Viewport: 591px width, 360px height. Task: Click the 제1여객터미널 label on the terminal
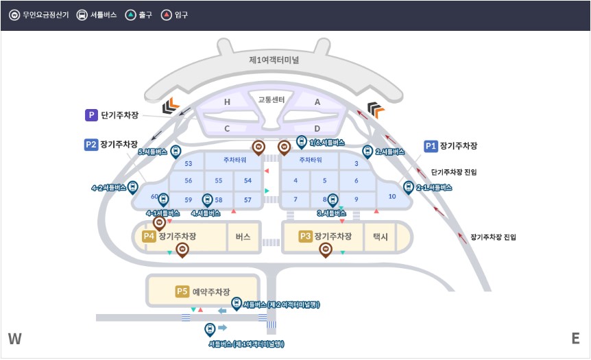(278, 60)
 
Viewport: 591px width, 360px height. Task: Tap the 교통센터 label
(272, 100)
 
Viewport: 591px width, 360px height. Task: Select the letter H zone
(227, 102)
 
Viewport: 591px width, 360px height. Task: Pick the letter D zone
(317, 128)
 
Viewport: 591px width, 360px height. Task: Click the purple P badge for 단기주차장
(91, 116)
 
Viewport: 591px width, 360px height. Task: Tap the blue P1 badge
(431, 146)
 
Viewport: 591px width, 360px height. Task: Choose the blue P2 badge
(91, 145)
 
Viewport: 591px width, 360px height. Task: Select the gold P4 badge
(149, 237)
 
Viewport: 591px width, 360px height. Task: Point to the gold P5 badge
(182, 291)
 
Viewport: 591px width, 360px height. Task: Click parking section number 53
(189, 163)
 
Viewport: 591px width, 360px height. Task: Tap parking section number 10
(392, 196)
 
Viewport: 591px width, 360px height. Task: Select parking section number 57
(248, 200)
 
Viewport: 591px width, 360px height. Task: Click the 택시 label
(380, 237)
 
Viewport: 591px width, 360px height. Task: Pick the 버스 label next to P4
(243, 237)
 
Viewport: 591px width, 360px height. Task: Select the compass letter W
(15, 339)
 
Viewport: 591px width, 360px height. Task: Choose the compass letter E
(575, 339)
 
